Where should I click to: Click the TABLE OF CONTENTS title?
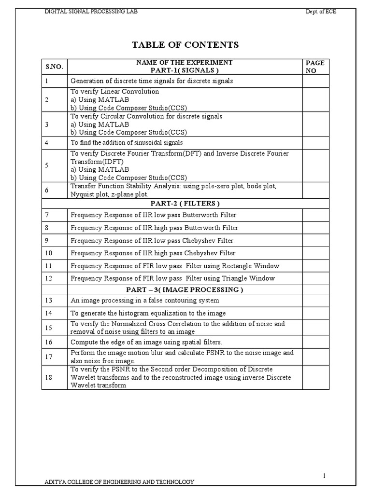[185, 45]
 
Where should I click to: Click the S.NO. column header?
[54, 67]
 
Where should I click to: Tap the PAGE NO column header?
[315, 67]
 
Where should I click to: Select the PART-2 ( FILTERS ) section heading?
[185, 203]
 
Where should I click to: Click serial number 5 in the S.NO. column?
[46, 165]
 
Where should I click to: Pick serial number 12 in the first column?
[48, 278]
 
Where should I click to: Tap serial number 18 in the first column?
[48, 377]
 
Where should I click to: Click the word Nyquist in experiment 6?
[82, 194]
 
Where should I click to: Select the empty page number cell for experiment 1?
[315, 81]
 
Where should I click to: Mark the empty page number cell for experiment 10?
[315, 253]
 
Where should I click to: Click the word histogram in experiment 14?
[139, 313]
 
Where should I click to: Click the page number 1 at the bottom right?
[325, 462]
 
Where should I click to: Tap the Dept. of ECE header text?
[321, 12]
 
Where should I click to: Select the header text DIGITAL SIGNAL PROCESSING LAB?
[91, 12]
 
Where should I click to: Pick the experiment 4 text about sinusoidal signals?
[127, 143]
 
